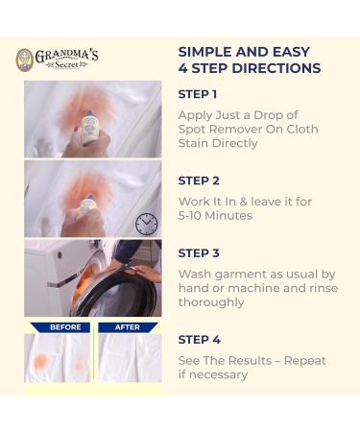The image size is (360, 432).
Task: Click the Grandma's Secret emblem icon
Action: coord(25,60)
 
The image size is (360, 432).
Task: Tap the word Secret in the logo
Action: coord(66,65)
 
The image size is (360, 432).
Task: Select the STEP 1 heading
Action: coord(198,94)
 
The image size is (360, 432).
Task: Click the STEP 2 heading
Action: coord(199,180)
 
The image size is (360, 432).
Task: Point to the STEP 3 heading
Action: coord(199,253)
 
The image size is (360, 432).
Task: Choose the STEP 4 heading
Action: coord(200,340)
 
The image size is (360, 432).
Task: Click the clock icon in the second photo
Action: coord(146,224)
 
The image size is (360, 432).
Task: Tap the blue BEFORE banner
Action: coord(60,327)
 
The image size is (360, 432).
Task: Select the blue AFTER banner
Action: coord(128,327)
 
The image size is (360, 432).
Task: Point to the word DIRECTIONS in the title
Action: coord(276,68)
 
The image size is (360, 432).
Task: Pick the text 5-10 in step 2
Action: coord(189,216)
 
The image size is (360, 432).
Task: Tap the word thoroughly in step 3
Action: coord(211,302)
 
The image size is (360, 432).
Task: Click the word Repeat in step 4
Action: coord(304,361)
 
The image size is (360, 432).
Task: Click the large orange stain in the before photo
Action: coord(41,361)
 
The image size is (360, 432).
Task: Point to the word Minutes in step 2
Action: coord(228,216)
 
